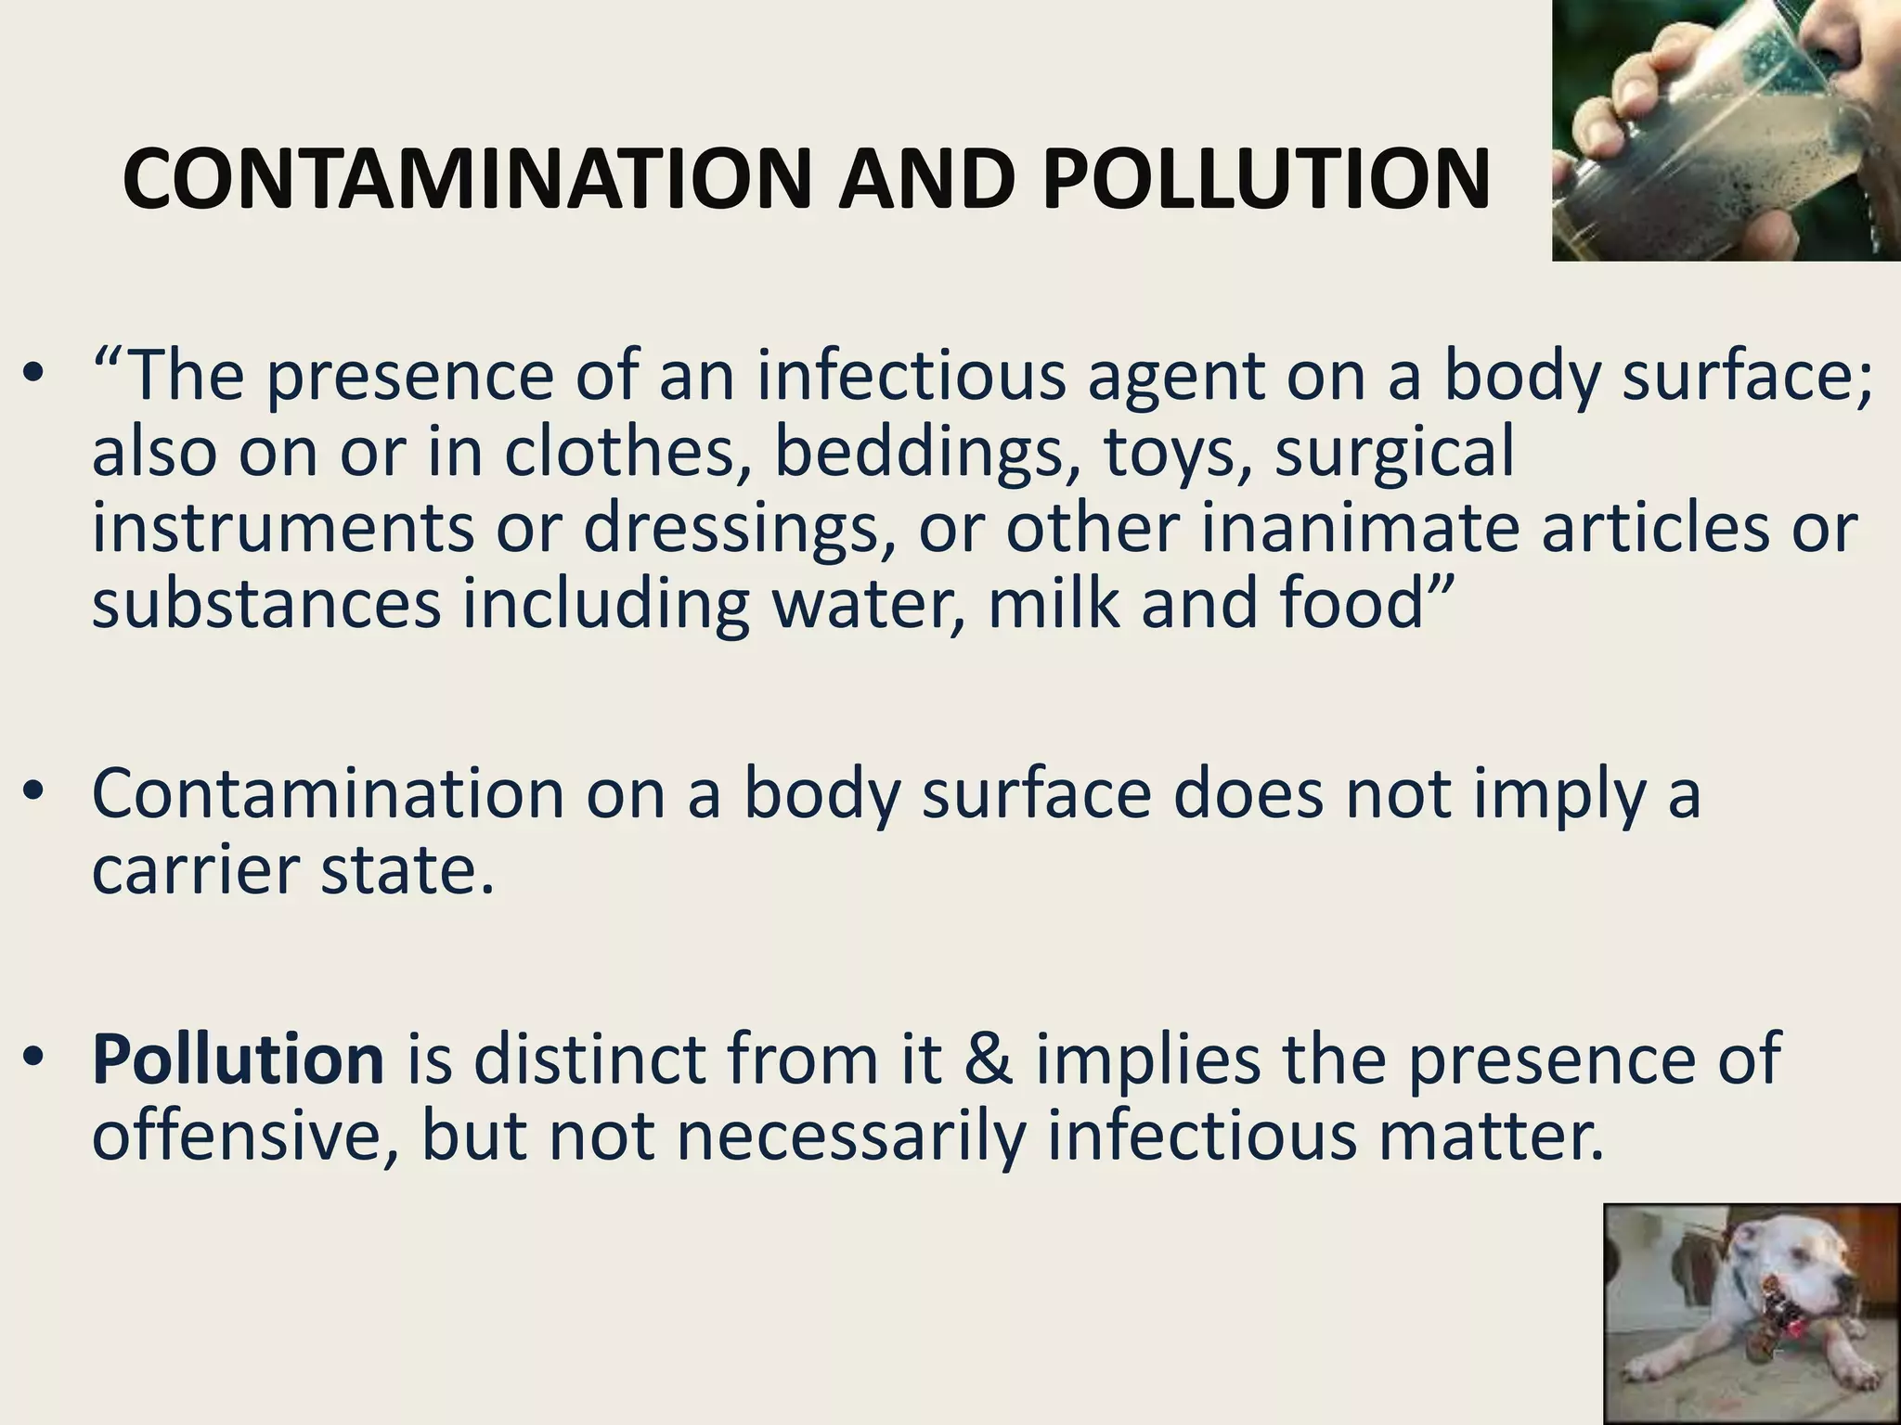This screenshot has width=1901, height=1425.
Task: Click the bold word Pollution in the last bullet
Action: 238,1059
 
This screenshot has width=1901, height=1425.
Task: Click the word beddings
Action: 927,452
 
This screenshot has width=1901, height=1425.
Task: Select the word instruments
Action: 283,528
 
